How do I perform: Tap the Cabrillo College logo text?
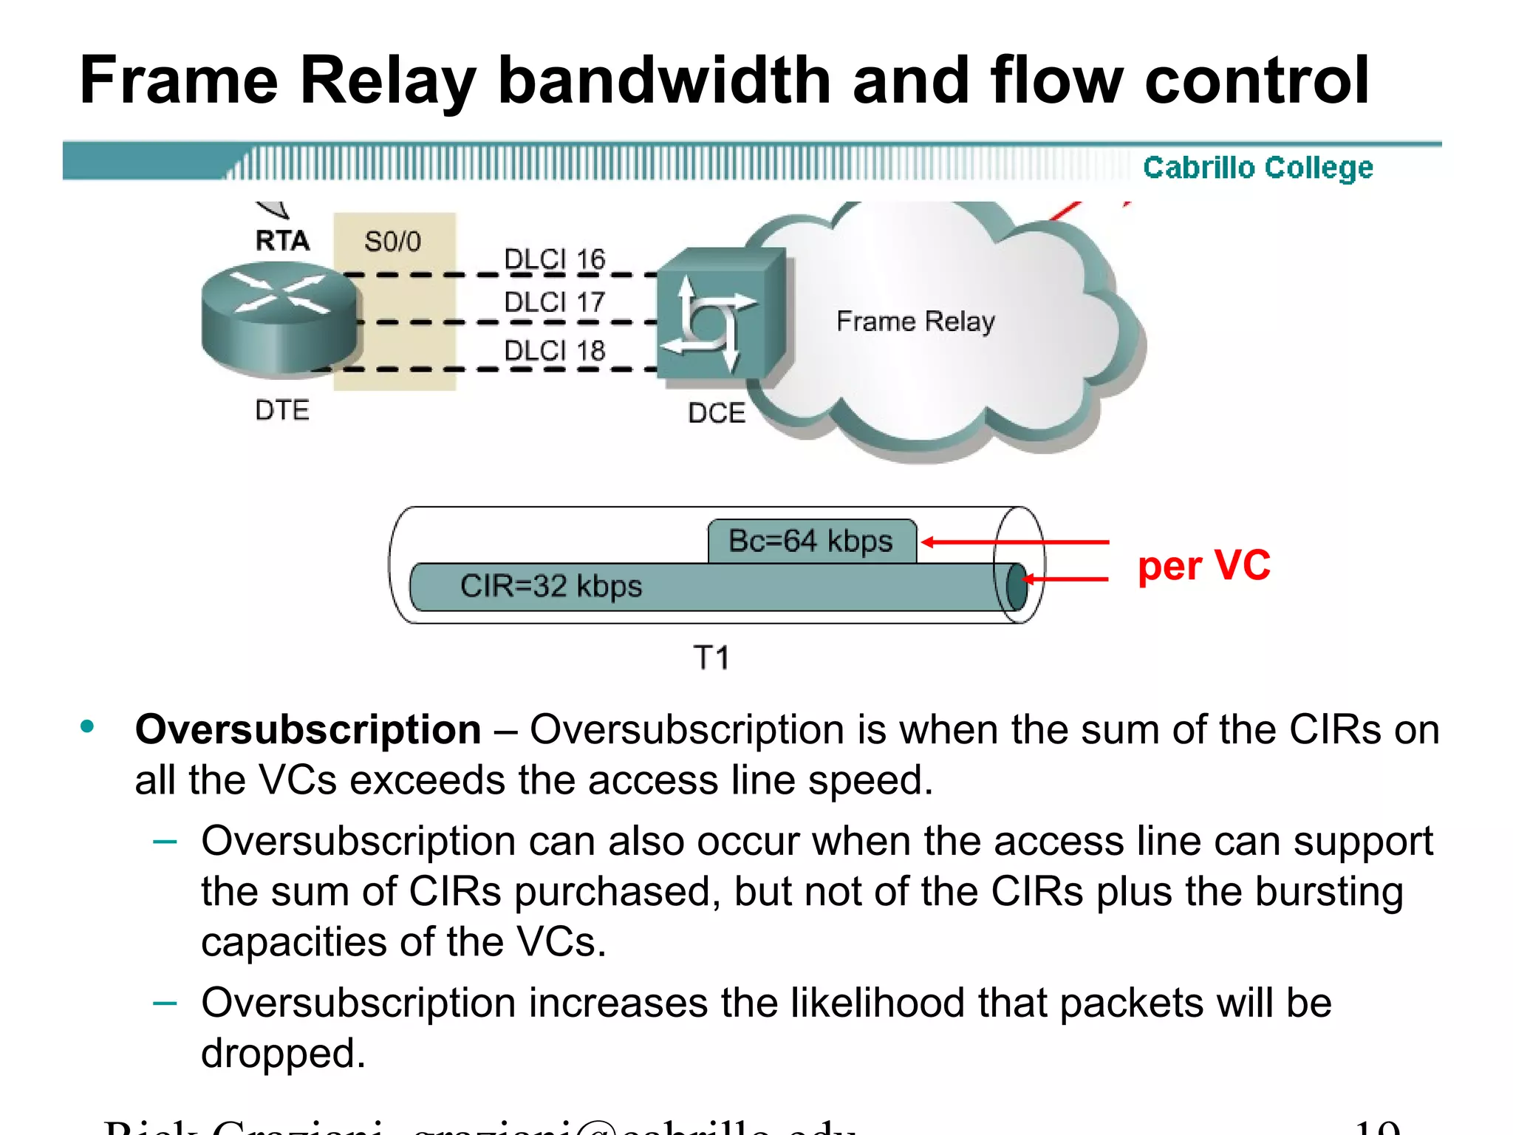tap(1257, 168)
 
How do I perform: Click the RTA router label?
tap(281, 241)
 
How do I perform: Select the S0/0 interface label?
tap(392, 242)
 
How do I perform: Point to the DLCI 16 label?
tap(554, 259)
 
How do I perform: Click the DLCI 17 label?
tap(554, 302)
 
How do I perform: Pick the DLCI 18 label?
tap(554, 350)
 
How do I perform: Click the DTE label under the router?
tap(281, 410)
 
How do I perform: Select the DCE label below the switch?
tap(716, 412)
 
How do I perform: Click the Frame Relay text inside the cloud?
tap(915, 321)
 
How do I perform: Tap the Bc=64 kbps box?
tap(811, 541)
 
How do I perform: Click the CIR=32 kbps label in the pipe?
tap(551, 586)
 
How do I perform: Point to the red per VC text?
tap(1203, 565)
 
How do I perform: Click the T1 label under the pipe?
tap(711, 658)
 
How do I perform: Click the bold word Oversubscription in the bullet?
tap(308, 730)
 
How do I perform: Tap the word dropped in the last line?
tap(282, 1053)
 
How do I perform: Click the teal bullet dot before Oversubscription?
tap(87, 727)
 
